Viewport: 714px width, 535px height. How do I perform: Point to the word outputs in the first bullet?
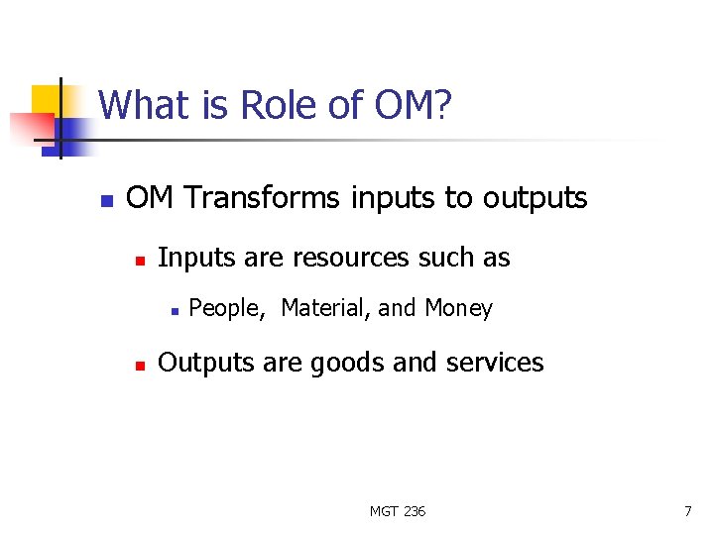tap(535, 198)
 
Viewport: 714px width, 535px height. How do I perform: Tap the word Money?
tap(458, 309)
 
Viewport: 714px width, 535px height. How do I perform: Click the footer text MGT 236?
tap(398, 511)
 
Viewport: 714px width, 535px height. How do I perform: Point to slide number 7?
tap(687, 511)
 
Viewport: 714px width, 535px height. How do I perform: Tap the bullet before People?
tap(173, 310)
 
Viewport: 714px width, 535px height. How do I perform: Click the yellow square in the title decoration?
tap(46, 100)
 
